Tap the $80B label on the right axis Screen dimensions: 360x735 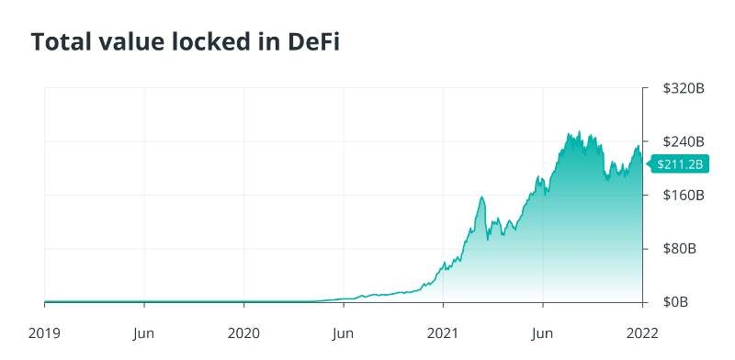point(680,249)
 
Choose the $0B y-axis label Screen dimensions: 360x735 point(677,302)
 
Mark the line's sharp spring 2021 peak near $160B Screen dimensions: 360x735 point(482,197)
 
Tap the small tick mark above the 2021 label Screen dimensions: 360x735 point(443,305)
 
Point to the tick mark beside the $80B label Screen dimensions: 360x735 point(646,249)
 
